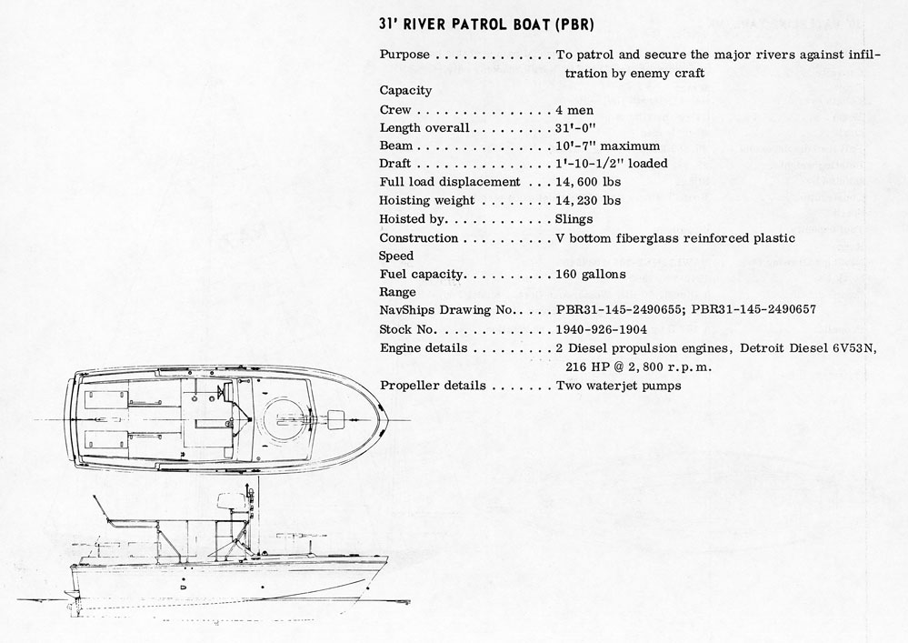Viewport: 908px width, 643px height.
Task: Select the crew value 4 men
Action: [x=575, y=109]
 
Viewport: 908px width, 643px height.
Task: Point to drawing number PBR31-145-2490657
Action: [x=753, y=310]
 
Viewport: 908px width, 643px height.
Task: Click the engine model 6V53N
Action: [x=854, y=348]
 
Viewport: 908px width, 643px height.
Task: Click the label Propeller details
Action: [x=432, y=386]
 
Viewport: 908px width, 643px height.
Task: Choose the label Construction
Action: [x=418, y=237]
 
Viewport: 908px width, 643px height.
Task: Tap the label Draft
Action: [x=395, y=164]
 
